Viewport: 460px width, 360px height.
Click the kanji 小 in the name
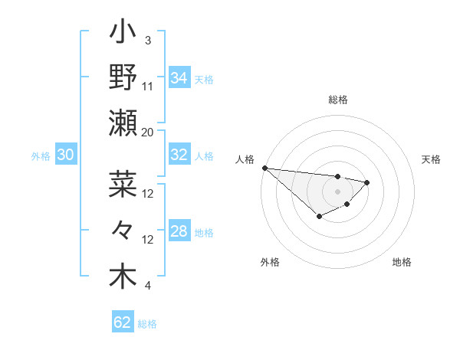click(123, 34)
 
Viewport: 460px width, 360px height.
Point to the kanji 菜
click(123, 185)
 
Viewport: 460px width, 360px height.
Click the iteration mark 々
click(123, 230)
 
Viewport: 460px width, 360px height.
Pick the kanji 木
click(123, 275)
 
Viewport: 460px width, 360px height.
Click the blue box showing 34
click(179, 78)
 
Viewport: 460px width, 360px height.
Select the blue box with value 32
click(179, 155)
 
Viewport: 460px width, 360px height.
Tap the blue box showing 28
click(179, 231)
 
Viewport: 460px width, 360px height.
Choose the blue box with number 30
click(65, 155)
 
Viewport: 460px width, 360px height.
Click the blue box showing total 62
click(123, 322)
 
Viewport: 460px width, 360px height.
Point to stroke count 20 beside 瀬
click(148, 132)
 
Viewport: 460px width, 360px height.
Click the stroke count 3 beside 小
click(147, 40)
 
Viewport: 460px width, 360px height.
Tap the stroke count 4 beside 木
click(147, 286)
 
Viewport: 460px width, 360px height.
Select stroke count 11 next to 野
click(148, 86)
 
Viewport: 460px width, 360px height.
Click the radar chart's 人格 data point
click(264, 168)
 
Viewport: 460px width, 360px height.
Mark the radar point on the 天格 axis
click(367, 182)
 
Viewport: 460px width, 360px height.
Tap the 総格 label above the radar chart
click(338, 100)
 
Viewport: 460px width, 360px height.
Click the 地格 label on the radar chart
click(402, 262)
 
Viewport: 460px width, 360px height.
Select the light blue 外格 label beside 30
click(41, 155)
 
